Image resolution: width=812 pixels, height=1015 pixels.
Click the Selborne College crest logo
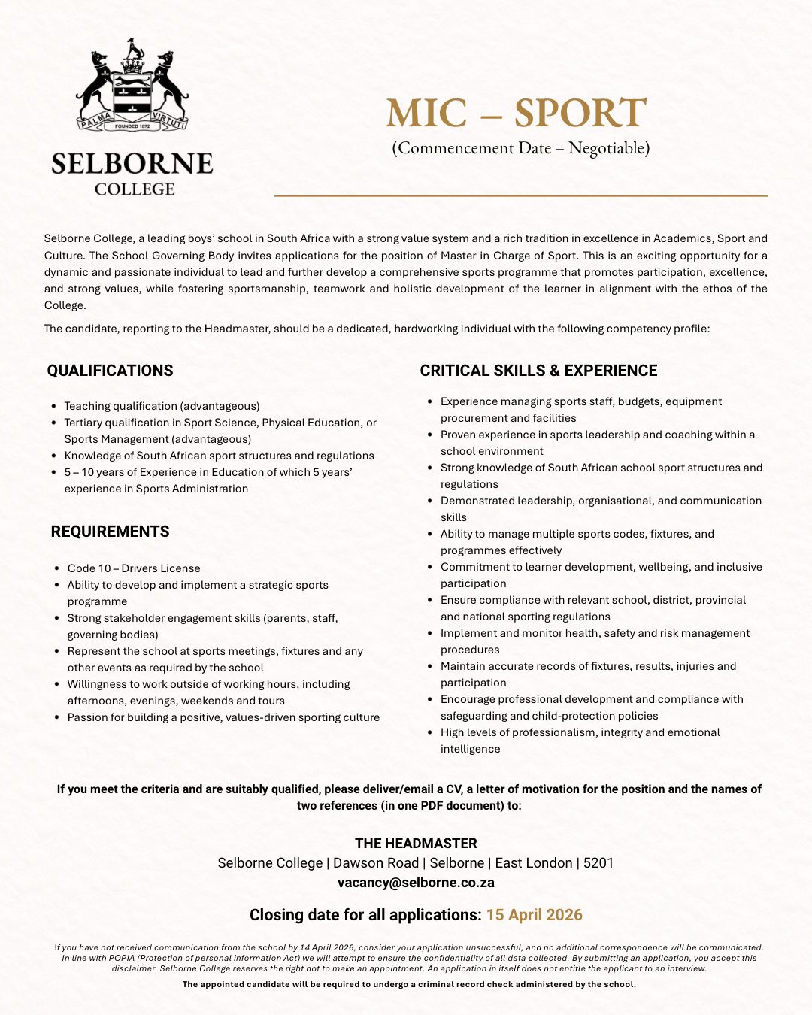(132, 86)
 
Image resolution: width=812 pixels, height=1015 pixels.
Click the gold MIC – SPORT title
(516, 114)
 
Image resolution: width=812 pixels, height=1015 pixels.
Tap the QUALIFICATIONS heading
(110, 371)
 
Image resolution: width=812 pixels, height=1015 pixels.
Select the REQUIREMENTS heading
(110, 532)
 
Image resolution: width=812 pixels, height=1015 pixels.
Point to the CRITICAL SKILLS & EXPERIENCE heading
(538, 371)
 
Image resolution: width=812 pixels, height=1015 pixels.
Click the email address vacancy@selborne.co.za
(416, 883)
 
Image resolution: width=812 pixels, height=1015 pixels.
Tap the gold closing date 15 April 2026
(534, 915)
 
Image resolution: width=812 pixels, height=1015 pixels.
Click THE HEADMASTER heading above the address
(416, 844)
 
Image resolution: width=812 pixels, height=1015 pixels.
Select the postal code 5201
(598, 863)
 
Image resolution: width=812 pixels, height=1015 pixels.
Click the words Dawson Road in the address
(376, 863)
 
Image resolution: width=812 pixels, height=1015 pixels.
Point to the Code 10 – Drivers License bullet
(134, 568)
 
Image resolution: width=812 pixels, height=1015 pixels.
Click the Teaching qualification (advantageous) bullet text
(162, 406)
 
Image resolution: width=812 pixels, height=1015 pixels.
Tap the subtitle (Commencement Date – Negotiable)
(520, 148)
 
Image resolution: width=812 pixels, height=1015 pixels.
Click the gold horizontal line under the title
(520, 195)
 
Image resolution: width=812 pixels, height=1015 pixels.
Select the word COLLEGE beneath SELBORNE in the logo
(135, 189)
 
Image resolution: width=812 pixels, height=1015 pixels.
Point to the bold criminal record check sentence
(409, 984)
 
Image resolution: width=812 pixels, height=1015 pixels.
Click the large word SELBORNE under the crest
(132, 164)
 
